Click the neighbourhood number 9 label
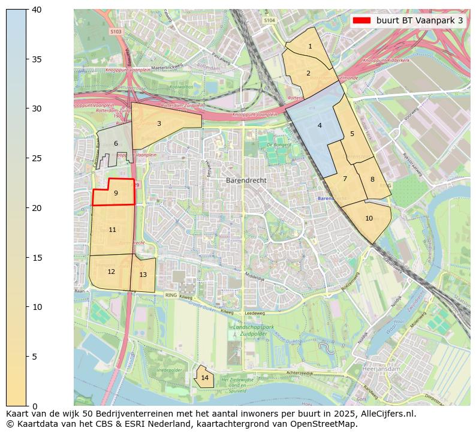[116, 193]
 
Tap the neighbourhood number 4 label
[320, 125]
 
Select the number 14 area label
[205, 378]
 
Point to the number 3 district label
[159, 124]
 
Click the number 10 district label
[369, 218]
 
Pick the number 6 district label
[116, 144]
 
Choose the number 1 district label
[310, 46]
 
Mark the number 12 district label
[111, 272]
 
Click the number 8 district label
[372, 179]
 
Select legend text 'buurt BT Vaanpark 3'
[420, 20]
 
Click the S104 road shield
[269, 20]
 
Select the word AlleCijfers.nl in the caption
[382, 414]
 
